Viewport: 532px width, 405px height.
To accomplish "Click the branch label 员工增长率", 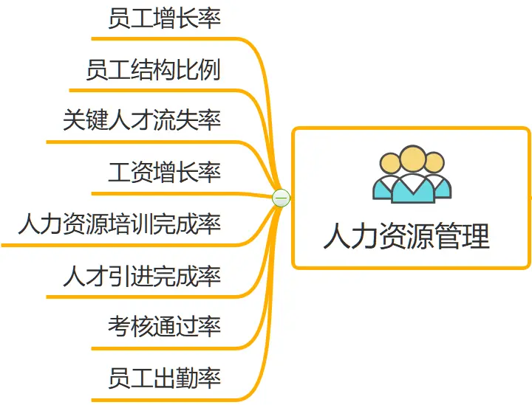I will click(x=164, y=18).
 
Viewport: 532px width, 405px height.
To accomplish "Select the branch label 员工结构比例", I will click(x=153, y=70).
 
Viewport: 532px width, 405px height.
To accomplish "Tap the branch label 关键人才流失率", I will click(x=142, y=120).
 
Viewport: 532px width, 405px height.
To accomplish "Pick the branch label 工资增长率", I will click(x=164, y=172).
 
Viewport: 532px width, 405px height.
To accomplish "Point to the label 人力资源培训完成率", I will click(x=120, y=223).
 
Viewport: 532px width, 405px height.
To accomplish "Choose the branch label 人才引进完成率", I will click(x=142, y=275).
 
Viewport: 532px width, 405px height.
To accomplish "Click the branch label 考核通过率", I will click(x=164, y=325).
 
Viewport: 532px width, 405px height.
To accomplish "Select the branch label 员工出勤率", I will click(x=164, y=378).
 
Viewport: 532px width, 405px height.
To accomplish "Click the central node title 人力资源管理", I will click(x=406, y=237).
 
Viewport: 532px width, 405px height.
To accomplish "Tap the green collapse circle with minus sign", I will click(x=281, y=198).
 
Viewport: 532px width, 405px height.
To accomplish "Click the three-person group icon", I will click(x=412, y=174).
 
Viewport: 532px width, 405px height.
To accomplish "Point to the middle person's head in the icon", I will click(x=412, y=158).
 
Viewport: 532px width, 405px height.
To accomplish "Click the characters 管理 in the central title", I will click(x=463, y=237).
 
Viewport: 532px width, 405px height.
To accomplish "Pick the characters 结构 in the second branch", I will click(x=153, y=70).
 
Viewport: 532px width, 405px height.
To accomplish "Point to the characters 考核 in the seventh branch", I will click(x=130, y=325).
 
